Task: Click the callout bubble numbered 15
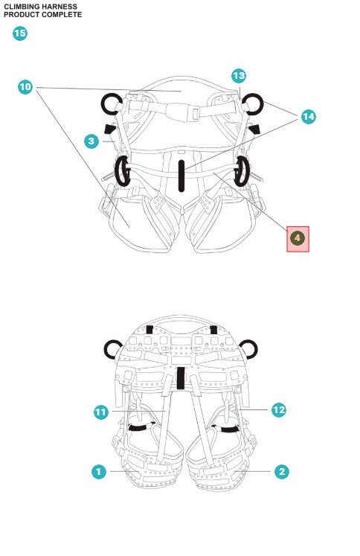pyautogui.click(x=20, y=33)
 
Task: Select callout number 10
pyautogui.click(x=25, y=87)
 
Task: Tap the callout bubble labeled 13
pyautogui.click(x=239, y=76)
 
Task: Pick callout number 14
pyautogui.click(x=308, y=117)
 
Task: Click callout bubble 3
pyautogui.click(x=91, y=141)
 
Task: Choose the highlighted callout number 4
pyautogui.click(x=298, y=238)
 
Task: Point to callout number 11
pyautogui.click(x=101, y=412)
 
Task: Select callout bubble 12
pyautogui.click(x=279, y=410)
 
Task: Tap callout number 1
pyautogui.click(x=99, y=472)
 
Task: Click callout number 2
pyautogui.click(x=282, y=472)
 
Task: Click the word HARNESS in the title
pyautogui.click(x=60, y=7)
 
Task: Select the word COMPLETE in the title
pyautogui.click(x=62, y=15)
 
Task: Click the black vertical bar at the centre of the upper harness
pyautogui.click(x=181, y=176)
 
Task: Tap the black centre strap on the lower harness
pyautogui.click(x=181, y=378)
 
